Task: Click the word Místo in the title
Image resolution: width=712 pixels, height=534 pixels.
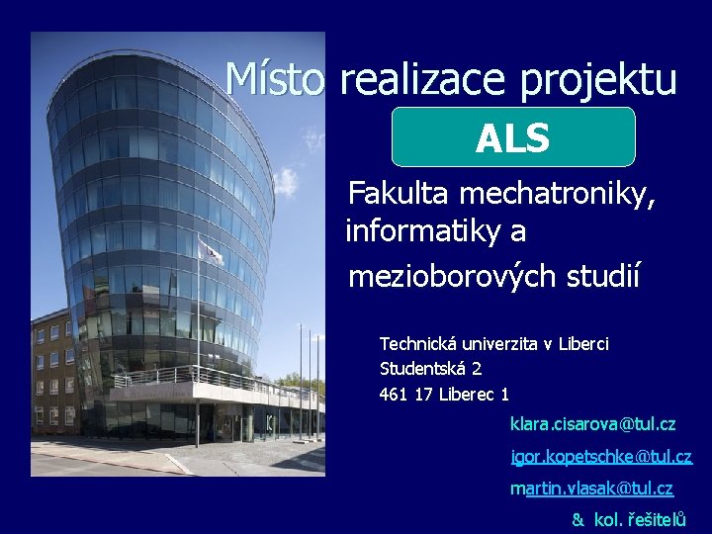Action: point(274,79)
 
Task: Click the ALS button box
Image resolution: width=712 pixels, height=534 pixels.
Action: point(512,137)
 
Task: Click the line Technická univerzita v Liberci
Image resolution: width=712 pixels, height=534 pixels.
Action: point(493,344)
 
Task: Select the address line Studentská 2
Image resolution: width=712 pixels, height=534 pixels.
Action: point(430,369)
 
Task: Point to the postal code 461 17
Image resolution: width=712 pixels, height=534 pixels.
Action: point(406,395)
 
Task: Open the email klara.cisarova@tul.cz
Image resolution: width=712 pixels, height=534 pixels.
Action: point(592,424)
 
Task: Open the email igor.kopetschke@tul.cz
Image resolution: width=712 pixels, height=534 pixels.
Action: point(600,457)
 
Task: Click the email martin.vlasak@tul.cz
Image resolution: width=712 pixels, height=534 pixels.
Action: point(590,489)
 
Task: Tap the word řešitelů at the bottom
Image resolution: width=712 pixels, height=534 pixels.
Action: point(656,519)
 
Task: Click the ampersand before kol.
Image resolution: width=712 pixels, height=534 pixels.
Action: point(578,519)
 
